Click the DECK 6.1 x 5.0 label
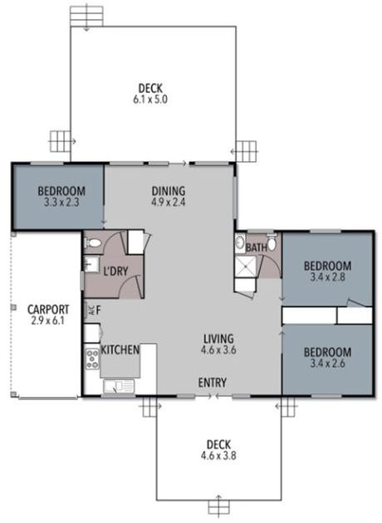point(150,94)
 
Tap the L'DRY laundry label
point(114,270)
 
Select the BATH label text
point(256,247)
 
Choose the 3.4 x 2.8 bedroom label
point(326,271)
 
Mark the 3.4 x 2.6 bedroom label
point(326,357)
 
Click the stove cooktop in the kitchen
point(92,359)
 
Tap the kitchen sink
point(120,385)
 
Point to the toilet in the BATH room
point(240,245)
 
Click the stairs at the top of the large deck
point(83,15)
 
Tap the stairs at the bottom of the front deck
point(218,506)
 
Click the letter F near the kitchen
point(99,310)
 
